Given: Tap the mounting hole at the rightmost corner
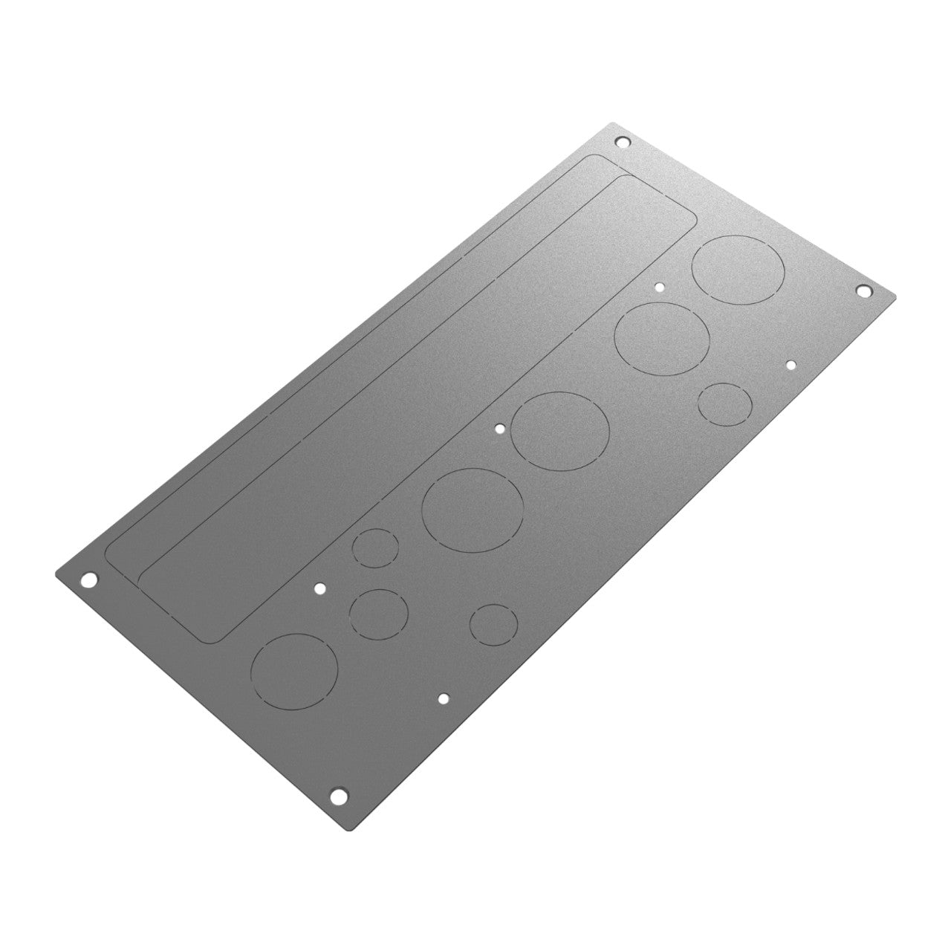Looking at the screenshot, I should (x=863, y=291).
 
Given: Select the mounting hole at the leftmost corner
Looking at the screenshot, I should (x=89, y=580).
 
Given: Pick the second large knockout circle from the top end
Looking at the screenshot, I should (x=662, y=337).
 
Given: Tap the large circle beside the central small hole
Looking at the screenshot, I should (x=560, y=430).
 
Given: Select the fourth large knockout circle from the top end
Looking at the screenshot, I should (x=472, y=510).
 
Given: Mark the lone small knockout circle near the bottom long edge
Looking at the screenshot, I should (x=493, y=623).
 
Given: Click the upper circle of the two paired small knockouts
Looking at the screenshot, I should (x=374, y=548).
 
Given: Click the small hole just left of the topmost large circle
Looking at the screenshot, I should (x=659, y=286).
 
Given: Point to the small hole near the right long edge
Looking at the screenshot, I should (x=791, y=365).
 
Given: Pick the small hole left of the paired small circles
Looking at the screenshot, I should (x=319, y=588).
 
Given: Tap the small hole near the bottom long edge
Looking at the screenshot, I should (x=444, y=698).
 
